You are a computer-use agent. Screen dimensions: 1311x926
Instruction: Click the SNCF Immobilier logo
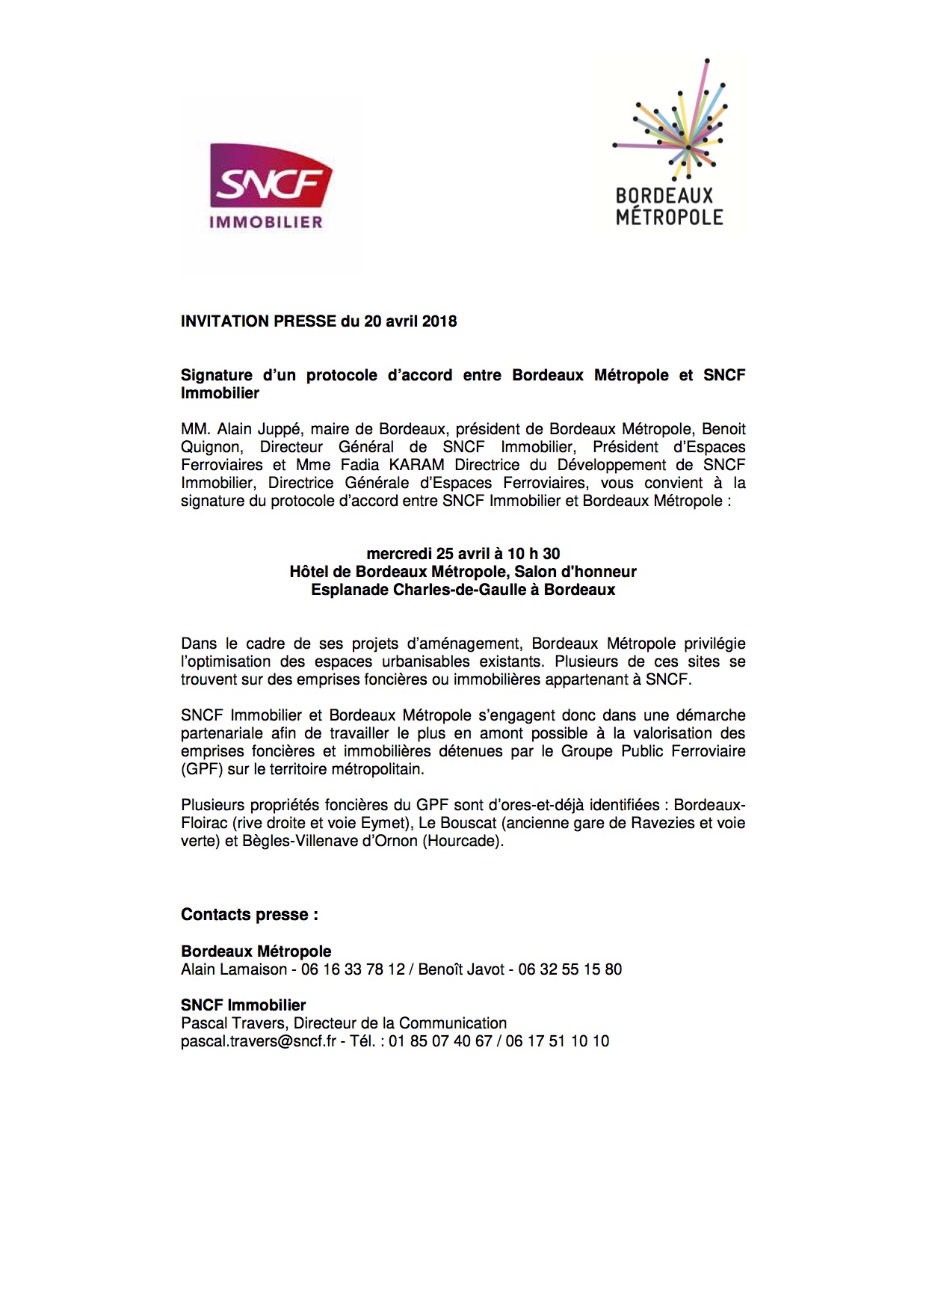click(271, 185)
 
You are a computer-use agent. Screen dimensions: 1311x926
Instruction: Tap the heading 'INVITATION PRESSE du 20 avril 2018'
click(318, 321)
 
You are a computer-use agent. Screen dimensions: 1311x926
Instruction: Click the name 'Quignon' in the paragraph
click(211, 447)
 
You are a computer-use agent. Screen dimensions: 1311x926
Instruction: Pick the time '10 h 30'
click(534, 554)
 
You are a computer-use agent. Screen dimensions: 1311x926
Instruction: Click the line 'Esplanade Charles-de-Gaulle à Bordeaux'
click(463, 590)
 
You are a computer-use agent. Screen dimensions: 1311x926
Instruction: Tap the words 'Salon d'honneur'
click(575, 572)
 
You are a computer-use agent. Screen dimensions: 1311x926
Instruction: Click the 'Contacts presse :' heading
click(250, 915)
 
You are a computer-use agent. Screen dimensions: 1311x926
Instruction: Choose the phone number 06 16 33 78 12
click(353, 969)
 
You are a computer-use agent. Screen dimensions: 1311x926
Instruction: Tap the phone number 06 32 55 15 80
click(570, 969)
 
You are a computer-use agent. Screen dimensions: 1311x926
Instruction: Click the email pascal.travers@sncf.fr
click(259, 1041)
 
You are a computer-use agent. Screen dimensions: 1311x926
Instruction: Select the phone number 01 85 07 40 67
click(440, 1041)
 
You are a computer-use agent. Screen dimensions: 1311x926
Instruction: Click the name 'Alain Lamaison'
click(234, 969)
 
